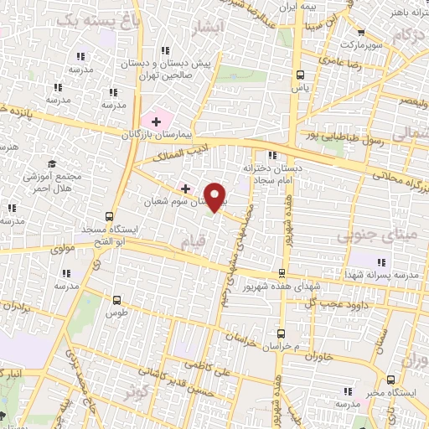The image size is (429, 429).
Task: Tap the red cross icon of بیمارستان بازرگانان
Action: (x=156, y=122)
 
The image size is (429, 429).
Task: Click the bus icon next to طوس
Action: (x=116, y=298)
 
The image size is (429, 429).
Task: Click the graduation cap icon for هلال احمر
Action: (x=53, y=163)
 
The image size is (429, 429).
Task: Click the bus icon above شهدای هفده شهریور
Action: (x=283, y=272)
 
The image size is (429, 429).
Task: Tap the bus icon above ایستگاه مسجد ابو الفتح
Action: (x=112, y=214)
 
